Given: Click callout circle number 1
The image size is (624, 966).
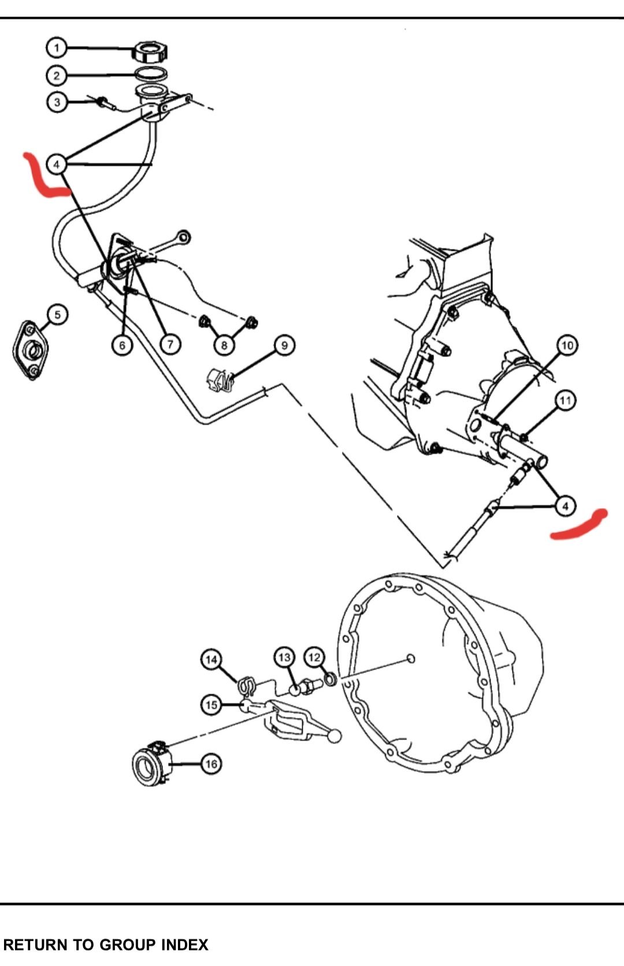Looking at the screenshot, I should click(x=57, y=47).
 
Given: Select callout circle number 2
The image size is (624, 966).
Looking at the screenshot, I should click(x=57, y=76).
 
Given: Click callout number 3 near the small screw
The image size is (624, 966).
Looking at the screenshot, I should click(x=57, y=103).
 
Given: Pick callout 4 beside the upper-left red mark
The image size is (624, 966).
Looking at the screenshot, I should click(x=57, y=165).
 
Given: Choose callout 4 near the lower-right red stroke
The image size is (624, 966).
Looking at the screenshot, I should click(x=565, y=506).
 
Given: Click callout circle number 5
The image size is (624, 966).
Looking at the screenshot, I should click(x=57, y=315).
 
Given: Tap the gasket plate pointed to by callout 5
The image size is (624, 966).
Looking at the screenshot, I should click(x=30, y=350).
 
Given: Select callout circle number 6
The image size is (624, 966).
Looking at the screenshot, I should click(x=122, y=345).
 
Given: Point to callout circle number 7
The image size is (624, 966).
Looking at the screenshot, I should click(x=170, y=345).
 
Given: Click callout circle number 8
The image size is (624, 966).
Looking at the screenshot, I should click(x=224, y=345).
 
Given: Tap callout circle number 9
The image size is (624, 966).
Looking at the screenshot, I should click(x=284, y=345).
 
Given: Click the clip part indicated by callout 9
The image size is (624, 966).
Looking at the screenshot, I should click(x=220, y=381).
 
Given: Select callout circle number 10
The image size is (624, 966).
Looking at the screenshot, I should click(x=567, y=345).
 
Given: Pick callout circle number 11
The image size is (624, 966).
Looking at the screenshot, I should click(x=565, y=400).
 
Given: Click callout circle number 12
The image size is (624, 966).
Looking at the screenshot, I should click(x=314, y=657).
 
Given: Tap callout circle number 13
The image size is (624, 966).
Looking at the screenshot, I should click(x=284, y=657).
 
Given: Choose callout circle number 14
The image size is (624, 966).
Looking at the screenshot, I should click(x=211, y=659).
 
